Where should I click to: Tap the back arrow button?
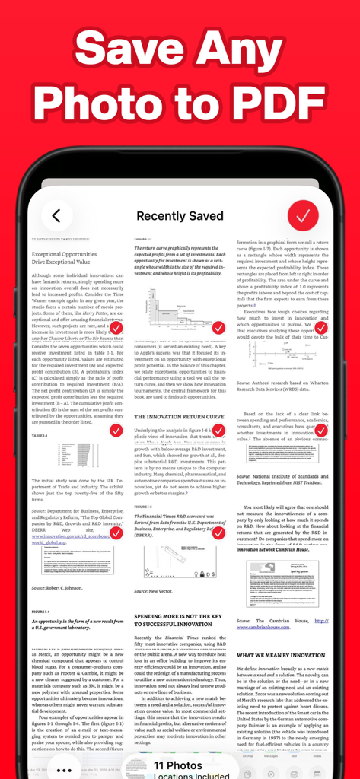(x=56, y=216)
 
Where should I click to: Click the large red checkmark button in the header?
(x=303, y=216)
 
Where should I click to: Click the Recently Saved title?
(x=180, y=216)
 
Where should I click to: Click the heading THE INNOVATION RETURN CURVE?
(x=179, y=417)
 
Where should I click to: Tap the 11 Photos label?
(x=178, y=765)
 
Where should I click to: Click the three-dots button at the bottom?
(x=65, y=770)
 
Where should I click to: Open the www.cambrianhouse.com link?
(x=267, y=627)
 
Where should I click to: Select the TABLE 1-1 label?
(x=40, y=436)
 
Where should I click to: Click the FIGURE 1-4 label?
(x=41, y=612)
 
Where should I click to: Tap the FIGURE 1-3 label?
(x=143, y=506)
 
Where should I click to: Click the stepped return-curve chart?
(x=175, y=309)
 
